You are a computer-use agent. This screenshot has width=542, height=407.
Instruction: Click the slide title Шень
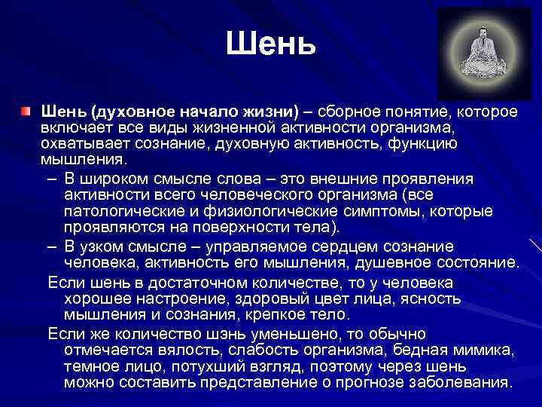click(270, 45)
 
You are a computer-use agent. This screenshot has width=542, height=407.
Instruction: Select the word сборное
click(345, 112)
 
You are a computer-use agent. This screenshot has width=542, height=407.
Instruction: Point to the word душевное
click(393, 263)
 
